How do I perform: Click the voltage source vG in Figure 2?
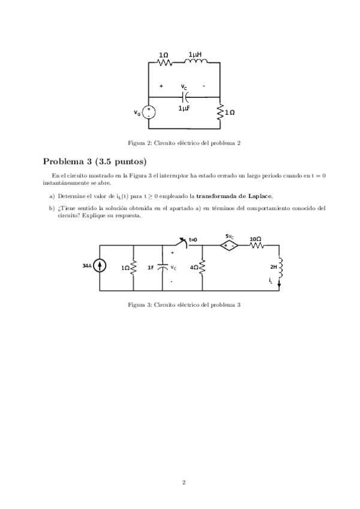(149, 112)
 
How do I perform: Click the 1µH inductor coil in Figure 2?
(194, 62)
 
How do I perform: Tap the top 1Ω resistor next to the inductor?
(164, 62)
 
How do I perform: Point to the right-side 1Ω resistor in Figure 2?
(220, 112)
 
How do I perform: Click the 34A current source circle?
(100, 267)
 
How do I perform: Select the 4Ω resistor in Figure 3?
(203, 267)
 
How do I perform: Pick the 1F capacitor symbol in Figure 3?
(162, 267)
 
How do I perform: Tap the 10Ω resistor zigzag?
(256, 245)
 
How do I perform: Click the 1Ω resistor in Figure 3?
(133, 267)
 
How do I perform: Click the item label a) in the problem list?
(52, 196)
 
